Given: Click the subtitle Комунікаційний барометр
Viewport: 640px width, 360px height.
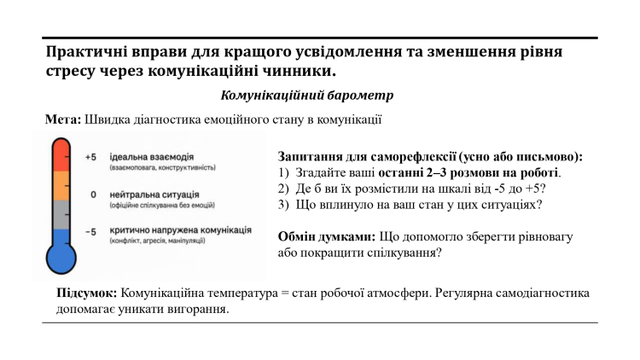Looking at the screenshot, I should pos(306,96).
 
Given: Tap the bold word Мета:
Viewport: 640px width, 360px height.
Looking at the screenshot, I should pos(63,119).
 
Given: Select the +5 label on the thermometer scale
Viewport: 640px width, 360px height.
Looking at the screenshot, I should pos(92,158).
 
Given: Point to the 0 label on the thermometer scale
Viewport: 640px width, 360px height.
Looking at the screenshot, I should pos(93,195).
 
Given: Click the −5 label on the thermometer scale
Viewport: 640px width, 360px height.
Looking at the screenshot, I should pos(91,231).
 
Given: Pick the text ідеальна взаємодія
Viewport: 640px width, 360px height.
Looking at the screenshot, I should pos(150,158).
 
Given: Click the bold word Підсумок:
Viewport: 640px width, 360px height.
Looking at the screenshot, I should pos(86,293).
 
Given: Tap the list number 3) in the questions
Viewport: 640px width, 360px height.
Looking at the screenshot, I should pos(285,205).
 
